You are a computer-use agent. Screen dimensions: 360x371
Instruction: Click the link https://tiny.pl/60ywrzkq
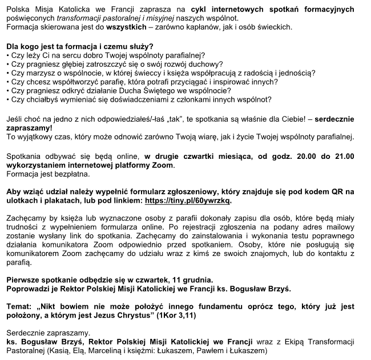(x=188, y=201)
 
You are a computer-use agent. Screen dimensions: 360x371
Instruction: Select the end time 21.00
(x=341, y=155)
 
